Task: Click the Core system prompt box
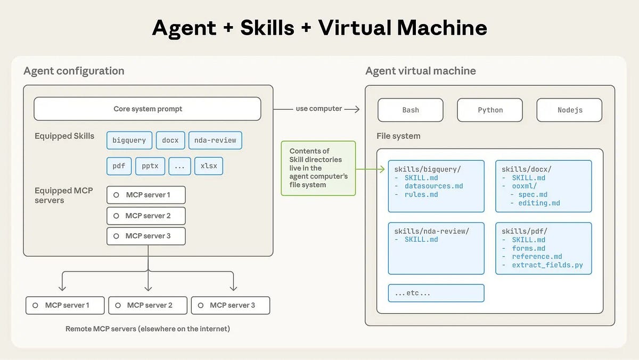coord(148,109)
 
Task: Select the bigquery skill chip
coord(129,140)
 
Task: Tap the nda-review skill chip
coord(215,140)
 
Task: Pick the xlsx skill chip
coord(208,166)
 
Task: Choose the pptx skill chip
coord(150,166)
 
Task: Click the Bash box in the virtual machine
coord(410,110)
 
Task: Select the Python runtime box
coord(490,110)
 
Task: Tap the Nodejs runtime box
coord(569,110)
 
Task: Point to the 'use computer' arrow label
coord(318,109)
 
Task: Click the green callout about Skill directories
coord(318,168)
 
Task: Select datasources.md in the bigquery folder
coord(433,186)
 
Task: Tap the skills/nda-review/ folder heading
coord(431,231)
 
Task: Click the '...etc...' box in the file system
coord(436,293)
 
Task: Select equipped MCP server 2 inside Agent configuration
coord(146,216)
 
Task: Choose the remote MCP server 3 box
coord(230,305)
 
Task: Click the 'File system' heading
coord(398,136)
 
